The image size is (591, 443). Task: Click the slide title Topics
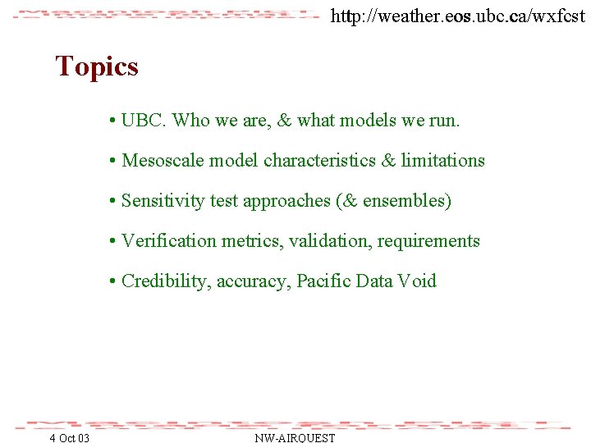click(x=97, y=66)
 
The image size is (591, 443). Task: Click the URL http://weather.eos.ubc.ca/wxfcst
click(x=457, y=15)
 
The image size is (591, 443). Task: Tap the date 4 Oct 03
click(x=70, y=438)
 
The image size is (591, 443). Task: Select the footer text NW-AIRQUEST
click(x=295, y=438)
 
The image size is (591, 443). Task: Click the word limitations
click(x=442, y=161)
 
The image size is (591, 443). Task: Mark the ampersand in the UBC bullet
click(x=285, y=121)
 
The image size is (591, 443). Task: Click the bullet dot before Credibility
click(x=112, y=282)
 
